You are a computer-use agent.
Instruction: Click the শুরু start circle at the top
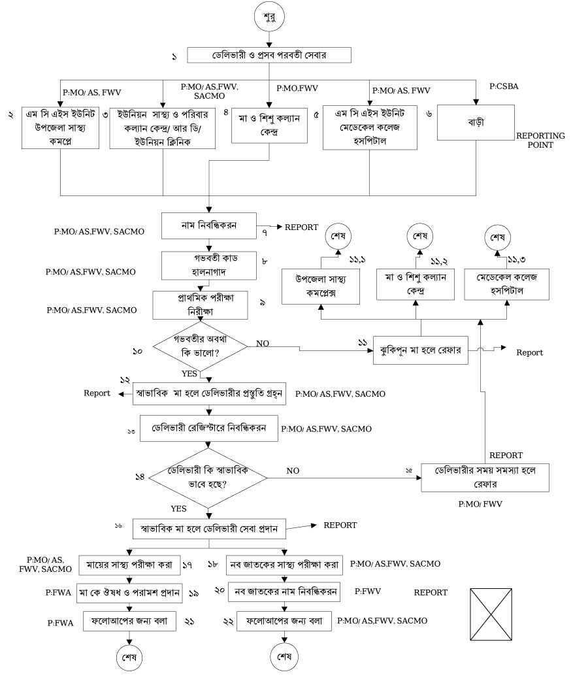coord(269,17)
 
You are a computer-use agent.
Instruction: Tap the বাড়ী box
coord(475,123)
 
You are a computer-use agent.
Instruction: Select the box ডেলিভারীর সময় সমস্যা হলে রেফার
coord(483,478)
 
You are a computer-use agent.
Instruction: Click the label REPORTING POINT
coord(540,140)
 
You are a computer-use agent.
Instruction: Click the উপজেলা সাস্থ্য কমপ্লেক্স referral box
coord(320,286)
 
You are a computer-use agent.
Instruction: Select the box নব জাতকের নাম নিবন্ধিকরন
coord(286,592)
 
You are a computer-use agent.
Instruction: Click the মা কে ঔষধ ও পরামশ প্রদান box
coord(129,592)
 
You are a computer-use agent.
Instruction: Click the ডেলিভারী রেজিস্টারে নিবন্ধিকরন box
coord(208,429)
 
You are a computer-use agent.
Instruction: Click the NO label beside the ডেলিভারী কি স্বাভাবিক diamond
coord(293,470)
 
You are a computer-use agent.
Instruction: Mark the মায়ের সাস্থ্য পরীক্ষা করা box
coord(129,563)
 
